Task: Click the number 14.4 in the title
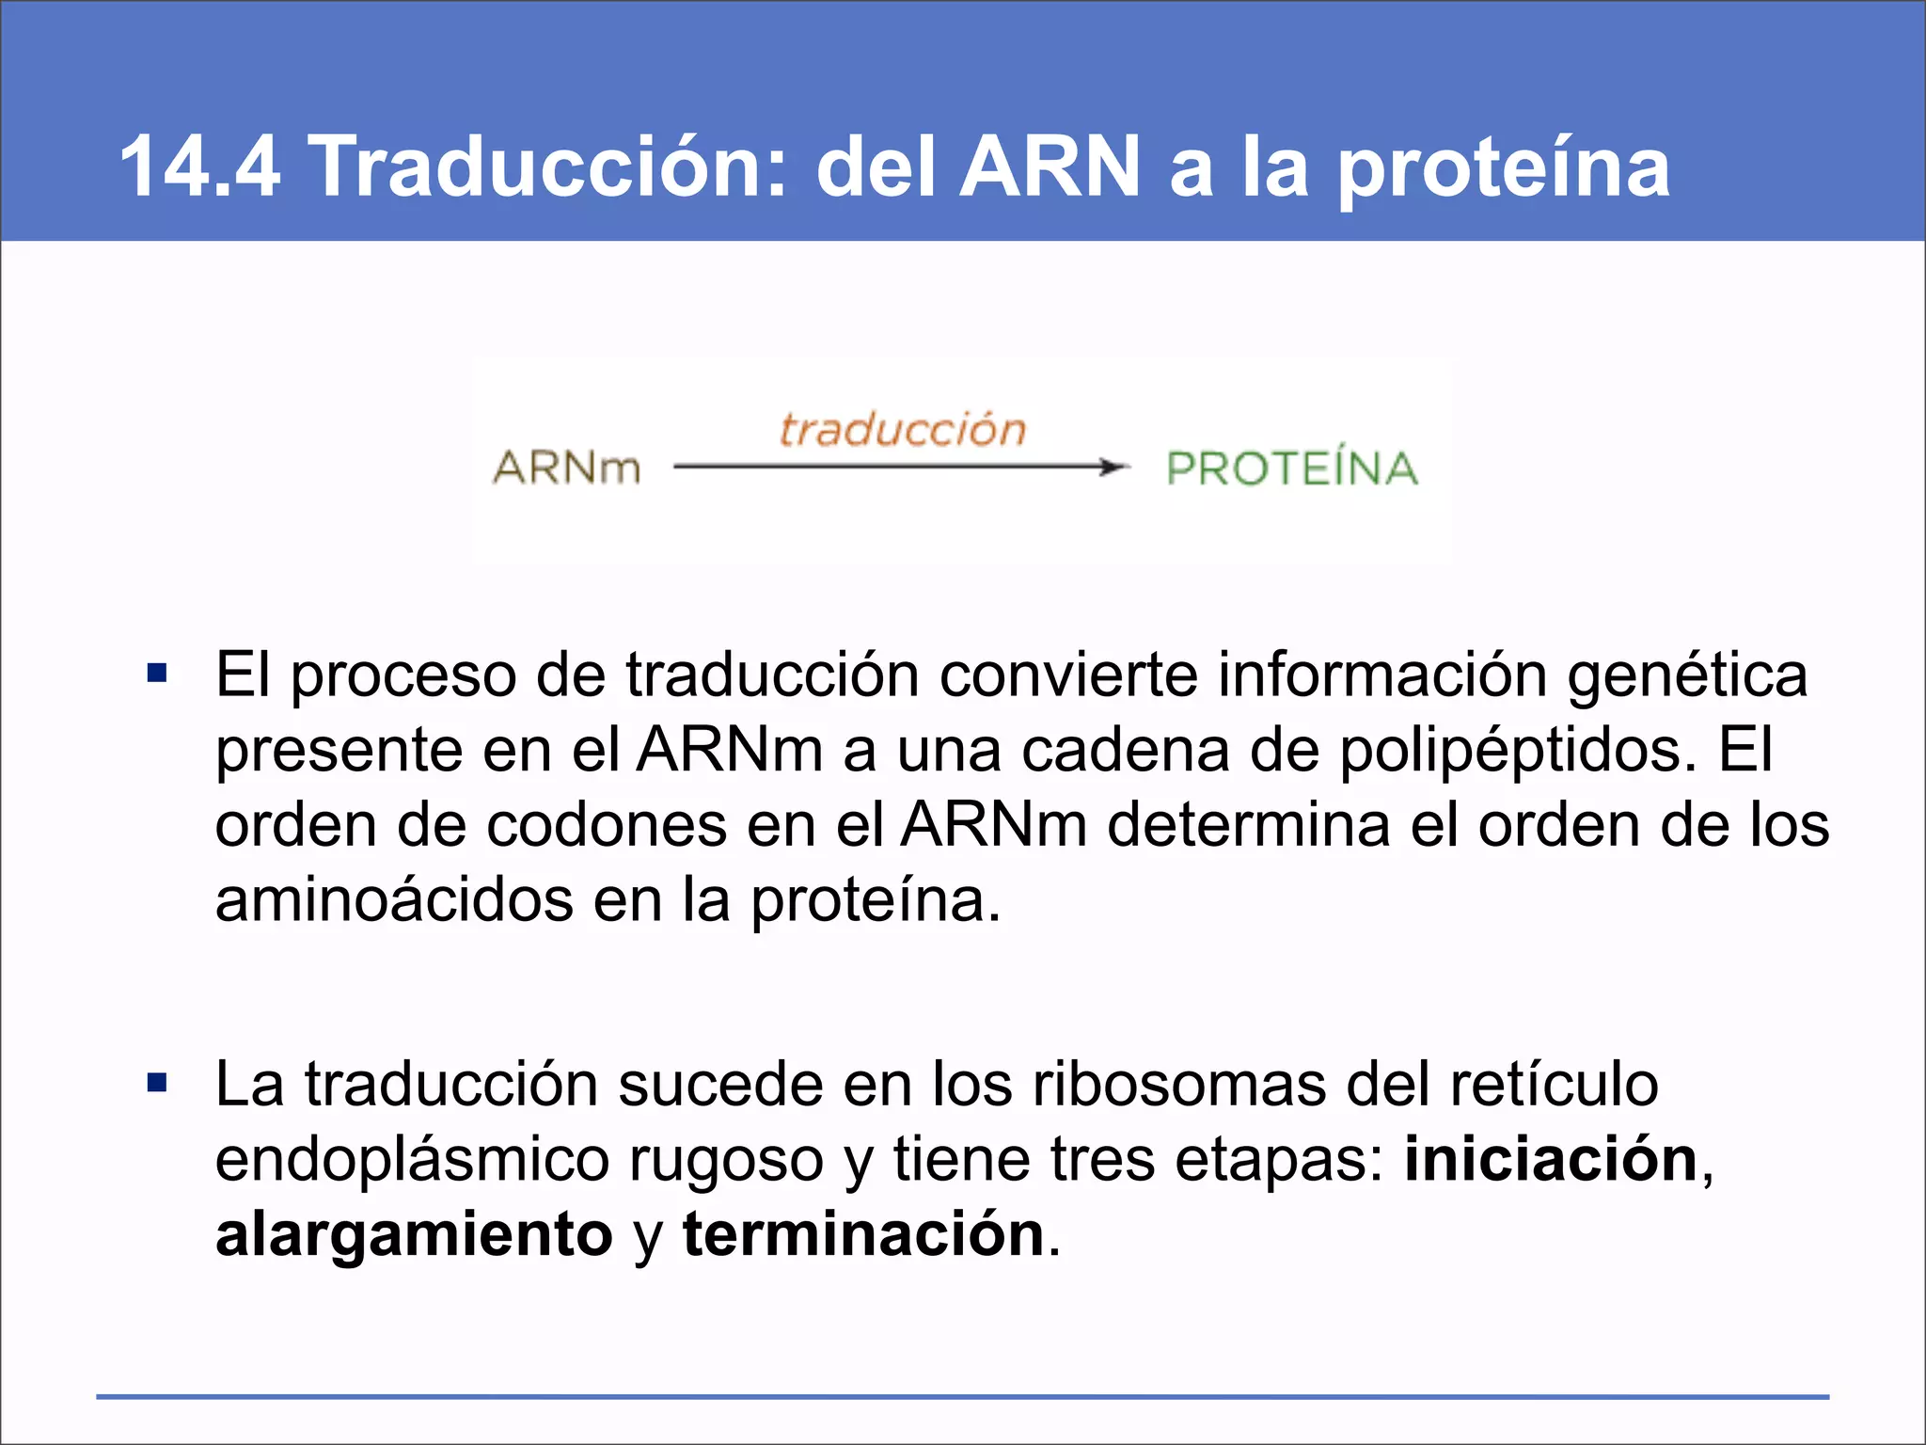(x=199, y=167)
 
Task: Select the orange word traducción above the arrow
(x=902, y=429)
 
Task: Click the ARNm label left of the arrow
(x=566, y=468)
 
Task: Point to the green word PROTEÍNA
(x=1291, y=468)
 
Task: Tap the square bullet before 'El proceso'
(x=157, y=674)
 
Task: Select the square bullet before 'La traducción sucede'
(x=157, y=1083)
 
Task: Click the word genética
(x=1687, y=677)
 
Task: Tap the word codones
(x=607, y=825)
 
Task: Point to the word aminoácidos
(x=394, y=899)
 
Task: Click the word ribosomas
(x=1179, y=1085)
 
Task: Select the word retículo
(x=1554, y=1085)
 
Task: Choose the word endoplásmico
(x=412, y=1161)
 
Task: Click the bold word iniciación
(x=1551, y=1159)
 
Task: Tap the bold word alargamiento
(x=414, y=1235)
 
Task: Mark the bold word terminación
(x=863, y=1234)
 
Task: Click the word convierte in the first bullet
(x=1068, y=675)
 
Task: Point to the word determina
(x=1248, y=825)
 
